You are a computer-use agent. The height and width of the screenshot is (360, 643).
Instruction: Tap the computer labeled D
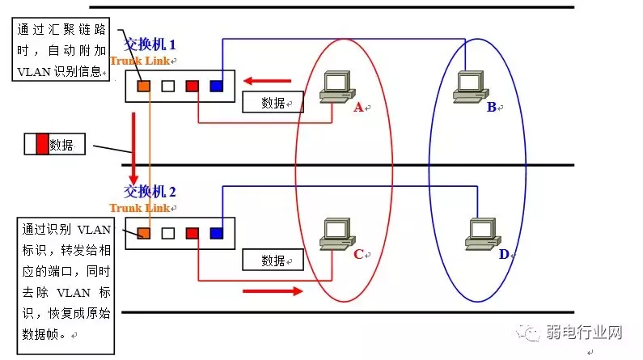[x=479, y=235]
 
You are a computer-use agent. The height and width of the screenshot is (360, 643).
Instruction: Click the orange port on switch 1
[x=144, y=85]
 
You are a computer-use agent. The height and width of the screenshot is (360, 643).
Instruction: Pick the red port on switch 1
[x=192, y=85]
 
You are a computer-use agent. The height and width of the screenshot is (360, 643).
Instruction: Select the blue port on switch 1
[x=216, y=85]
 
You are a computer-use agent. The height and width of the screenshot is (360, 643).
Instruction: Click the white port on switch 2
[x=168, y=233]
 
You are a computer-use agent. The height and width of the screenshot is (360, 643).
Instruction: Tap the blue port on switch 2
[x=216, y=233]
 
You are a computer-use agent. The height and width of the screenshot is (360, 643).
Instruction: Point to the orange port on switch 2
[x=144, y=233]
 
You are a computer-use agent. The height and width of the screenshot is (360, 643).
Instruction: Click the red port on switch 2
[x=192, y=233]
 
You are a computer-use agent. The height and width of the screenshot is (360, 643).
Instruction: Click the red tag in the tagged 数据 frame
[x=43, y=145]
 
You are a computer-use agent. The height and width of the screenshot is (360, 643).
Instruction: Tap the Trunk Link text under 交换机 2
[x=139, y=208]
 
